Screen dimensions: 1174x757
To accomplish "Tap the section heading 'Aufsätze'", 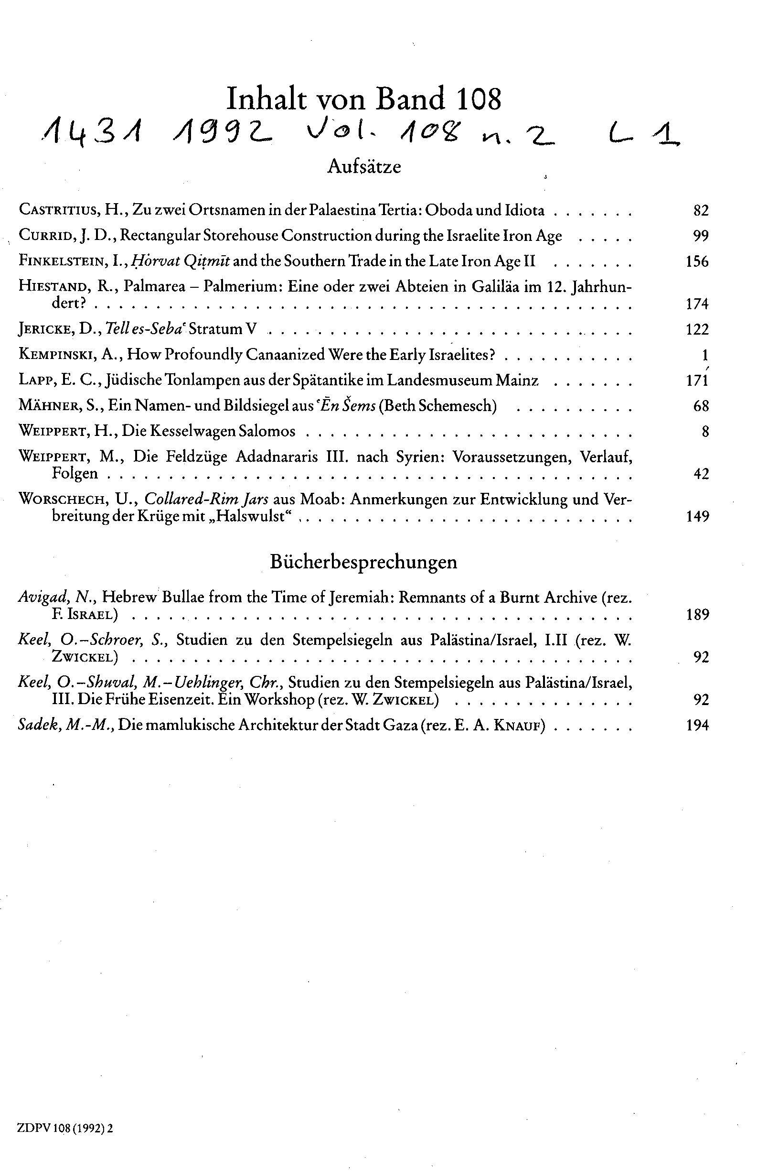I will [364, 167].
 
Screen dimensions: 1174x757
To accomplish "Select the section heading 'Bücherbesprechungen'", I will [364, 562].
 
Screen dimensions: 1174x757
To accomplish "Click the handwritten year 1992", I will [219, 131].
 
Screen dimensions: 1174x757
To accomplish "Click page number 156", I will [697, 261].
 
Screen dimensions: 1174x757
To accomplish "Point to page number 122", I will [697, 329].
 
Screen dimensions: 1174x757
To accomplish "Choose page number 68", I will [701, 406].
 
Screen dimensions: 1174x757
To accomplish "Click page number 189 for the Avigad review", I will [697, 615].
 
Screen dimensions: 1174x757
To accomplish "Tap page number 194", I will [697, 726].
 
